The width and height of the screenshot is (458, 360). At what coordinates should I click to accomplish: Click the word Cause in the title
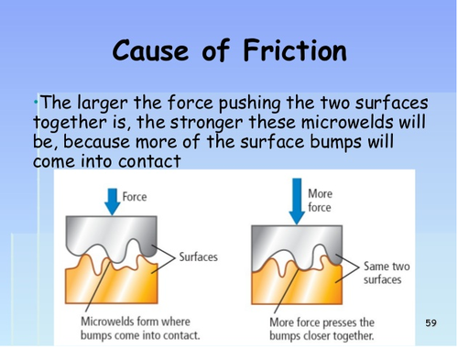tap(151, 50)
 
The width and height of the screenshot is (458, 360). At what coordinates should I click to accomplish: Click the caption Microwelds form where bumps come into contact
tap(137, 329)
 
